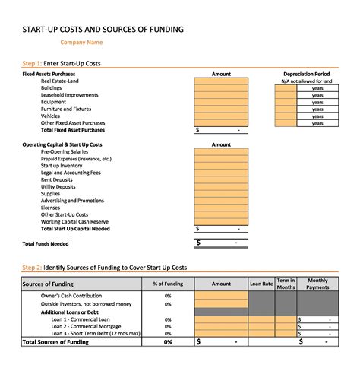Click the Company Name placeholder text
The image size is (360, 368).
pyautogui.click(x=81, y=43)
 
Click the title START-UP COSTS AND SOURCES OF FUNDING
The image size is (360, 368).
pyautogui.click(x=103, y=30)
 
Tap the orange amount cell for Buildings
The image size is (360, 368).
pyautogui.click(x=221, y=88)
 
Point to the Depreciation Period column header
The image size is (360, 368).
pyautogui.click(x=306, y=74)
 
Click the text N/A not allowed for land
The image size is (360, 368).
pyautogui.click(x=306, y=81)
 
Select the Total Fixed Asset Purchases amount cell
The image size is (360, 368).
pyautogui.click(x=221, y=130)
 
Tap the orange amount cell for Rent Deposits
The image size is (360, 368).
pyautogui.click(x=221, y=179)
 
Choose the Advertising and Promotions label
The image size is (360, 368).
pyautogui.click(x=72, y=201)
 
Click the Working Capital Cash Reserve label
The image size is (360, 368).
pyautogui.click(x=74, y=221)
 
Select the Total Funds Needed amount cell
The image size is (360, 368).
pyautogui.click(x=221, y=243)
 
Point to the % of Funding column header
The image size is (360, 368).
pyautogui.click(x=167, y=284)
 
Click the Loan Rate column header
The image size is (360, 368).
pyautogui.click(x=261, y=284)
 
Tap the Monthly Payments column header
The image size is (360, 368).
pyautogui.click(x=317, y=284)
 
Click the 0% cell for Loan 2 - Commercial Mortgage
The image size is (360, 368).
pyautogui.click(x=167, y=326)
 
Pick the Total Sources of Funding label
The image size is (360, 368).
pyautogui.click(x=55, y=342)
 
